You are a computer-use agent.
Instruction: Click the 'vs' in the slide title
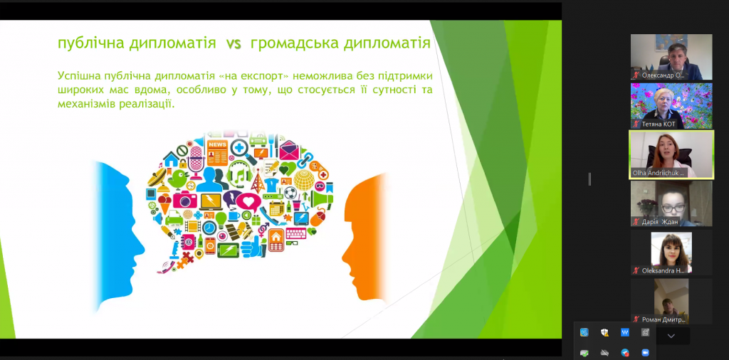(x=234, y=44)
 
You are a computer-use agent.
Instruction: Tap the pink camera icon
(x=184, y=200)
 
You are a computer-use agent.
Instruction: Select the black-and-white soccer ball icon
(x=290, y=193)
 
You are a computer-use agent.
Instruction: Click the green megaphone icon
(x=322, y=198)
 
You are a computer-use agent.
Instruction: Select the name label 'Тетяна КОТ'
(x=659, y=124)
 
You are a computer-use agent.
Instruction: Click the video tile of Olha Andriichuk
(x=671, y=154)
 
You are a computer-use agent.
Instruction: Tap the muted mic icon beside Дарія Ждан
(x=636, y=222)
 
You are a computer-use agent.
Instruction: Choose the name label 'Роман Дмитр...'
(x=664, y=319)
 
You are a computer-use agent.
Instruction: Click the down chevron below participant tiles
(x=671, y=336)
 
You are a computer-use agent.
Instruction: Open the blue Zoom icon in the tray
(x=645, y=353)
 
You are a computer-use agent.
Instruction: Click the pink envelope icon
(x=289, y=151)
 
